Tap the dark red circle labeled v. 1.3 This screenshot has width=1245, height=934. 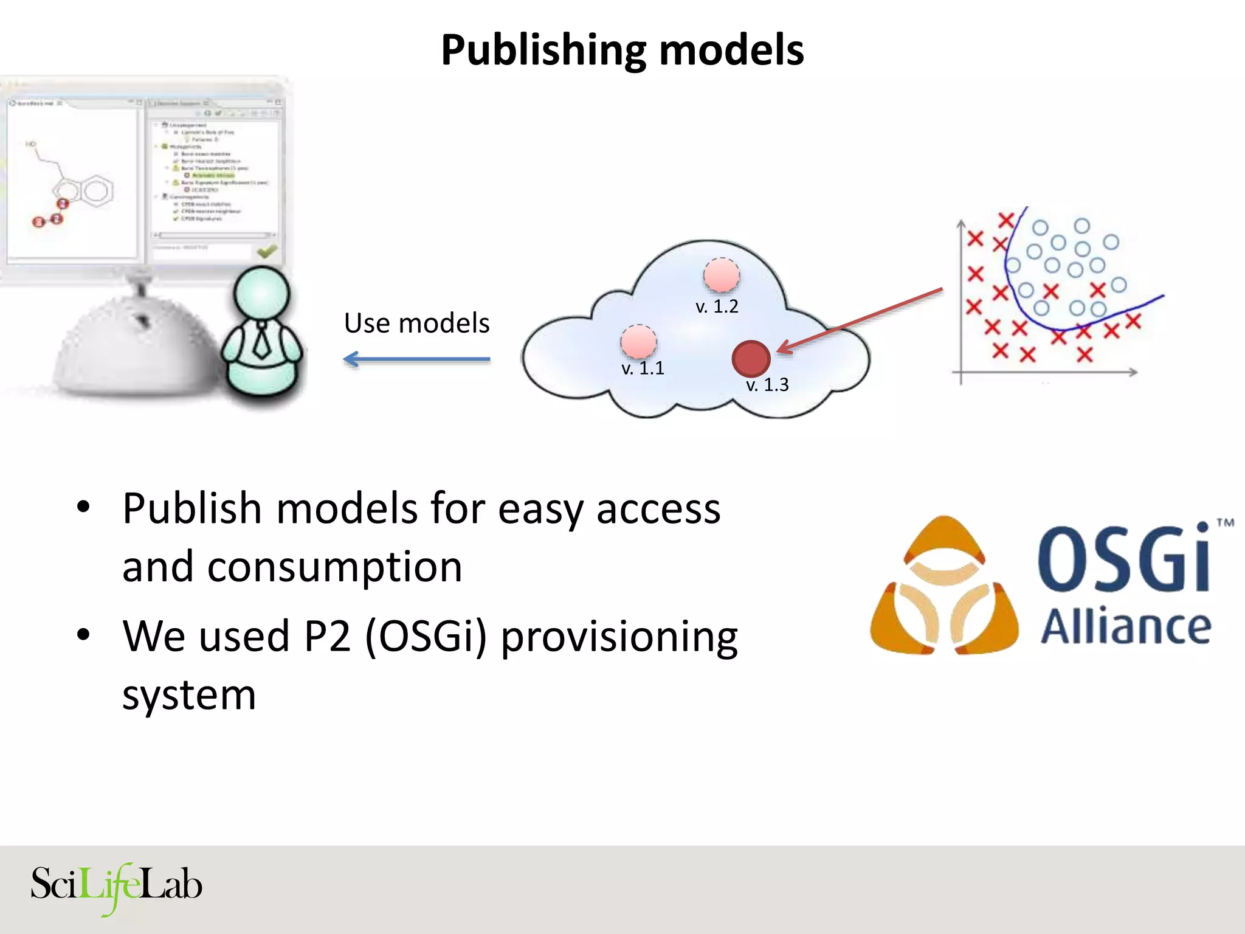click(x=751, y=358)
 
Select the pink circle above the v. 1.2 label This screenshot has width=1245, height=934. click(x=721, y=275)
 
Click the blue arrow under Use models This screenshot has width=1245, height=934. click(x=417, y=359)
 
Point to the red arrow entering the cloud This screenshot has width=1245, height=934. click(x=860, y=320)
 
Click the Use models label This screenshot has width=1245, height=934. click(x=416, y=323)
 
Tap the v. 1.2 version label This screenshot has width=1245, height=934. click(x=717, y=306)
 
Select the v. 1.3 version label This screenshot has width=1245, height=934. click(x=767, y=385)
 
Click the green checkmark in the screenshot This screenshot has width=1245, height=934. click(x=266, y=251)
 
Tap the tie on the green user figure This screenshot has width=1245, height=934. click(x=261, y=341)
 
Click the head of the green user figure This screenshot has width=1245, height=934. click(x=261, y=294)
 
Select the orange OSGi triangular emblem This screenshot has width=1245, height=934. click(x=944, y=587)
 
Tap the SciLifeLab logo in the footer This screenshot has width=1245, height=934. click(x=116, y=886)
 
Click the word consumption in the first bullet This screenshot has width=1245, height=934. click(x=334, y=567)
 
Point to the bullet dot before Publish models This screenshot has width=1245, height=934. click(x=83, y=506)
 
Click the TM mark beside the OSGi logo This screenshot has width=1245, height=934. click(x=1225, y=522)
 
